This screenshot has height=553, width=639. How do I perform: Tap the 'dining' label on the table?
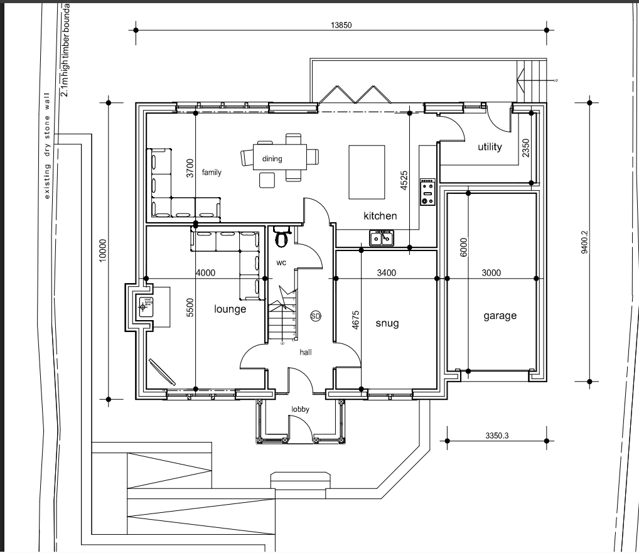[x=272, y=159]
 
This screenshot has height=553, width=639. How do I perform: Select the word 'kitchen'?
[x=380, y=216]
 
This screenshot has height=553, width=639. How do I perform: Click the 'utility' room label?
[x=490, y=147]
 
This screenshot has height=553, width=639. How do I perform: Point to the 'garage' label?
[x=500, y=316]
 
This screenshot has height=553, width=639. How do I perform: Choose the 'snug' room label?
[x=387, y=323]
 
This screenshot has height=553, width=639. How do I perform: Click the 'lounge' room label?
[x=230, y=309]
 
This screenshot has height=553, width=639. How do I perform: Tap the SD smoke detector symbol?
[x=316, y=316]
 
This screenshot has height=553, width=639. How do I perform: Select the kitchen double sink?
[x=382, y=237]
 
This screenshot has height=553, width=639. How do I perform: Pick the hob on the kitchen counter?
[x=428, y=192]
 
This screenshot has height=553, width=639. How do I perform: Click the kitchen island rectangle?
[x=366, y=171]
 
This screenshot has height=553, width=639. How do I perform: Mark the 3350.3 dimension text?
[x=497, y=434]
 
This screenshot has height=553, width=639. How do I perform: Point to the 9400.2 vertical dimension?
[x=584, y=242]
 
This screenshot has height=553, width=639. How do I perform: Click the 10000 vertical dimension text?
[x=104, y=251]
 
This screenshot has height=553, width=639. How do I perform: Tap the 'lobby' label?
[x=300, y=409]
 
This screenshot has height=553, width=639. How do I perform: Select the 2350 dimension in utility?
[x=526, y=148]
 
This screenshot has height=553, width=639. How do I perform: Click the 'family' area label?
[x=212, y=172]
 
